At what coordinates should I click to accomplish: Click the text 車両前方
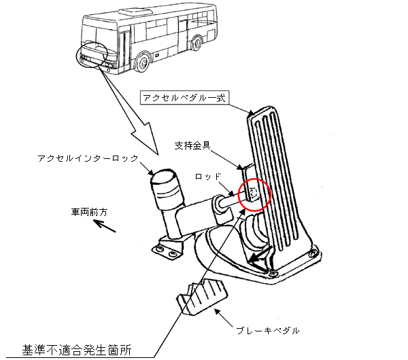tap(91, 211)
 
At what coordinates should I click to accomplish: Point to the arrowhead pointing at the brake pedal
tap(219, 310)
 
